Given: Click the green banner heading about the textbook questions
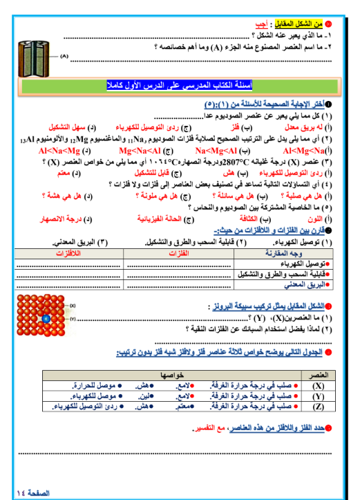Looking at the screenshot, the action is pos(181,86).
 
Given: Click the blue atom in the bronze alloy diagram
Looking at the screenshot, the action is pos(46,319).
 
